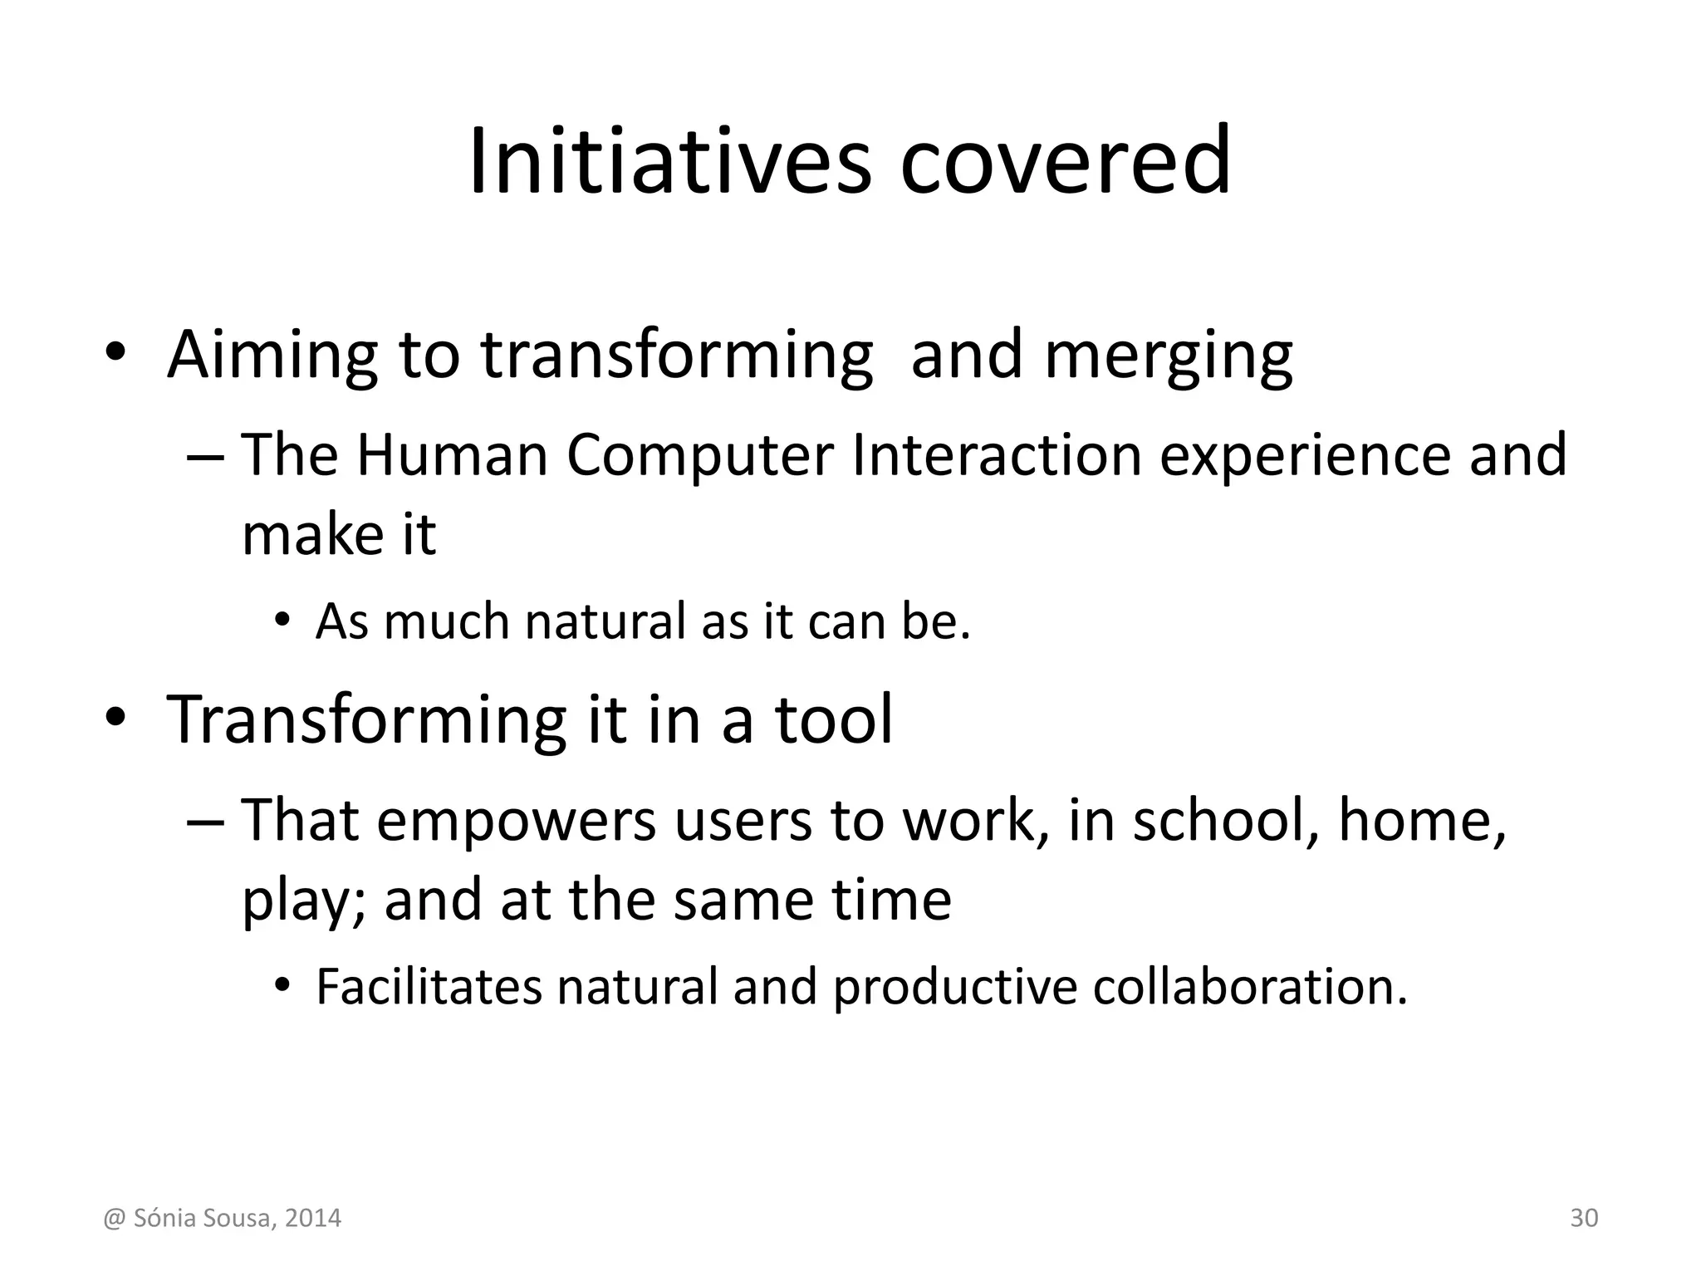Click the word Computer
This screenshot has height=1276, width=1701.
point(700,457)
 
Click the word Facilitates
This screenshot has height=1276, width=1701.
point(429,986)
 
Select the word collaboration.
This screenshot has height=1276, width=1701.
point(1250,986)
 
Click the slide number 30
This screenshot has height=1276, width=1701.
point(1584,1218)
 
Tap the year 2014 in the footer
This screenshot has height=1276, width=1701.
point(312,1219)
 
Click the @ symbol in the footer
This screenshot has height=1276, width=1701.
point(114,1219)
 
